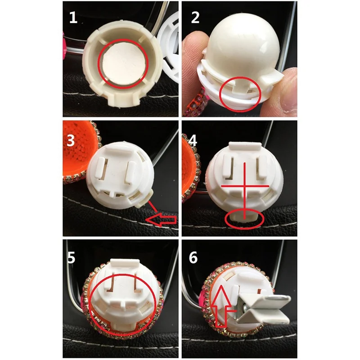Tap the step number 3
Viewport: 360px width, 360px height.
(71, 140)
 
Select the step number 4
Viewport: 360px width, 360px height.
(193, 140)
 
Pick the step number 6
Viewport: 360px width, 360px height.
(193, 257)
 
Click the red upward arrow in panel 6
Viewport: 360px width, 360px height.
(221, 306)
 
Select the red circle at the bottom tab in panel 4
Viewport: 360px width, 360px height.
(245, 219)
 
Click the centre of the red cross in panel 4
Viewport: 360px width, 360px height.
(245, 186)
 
